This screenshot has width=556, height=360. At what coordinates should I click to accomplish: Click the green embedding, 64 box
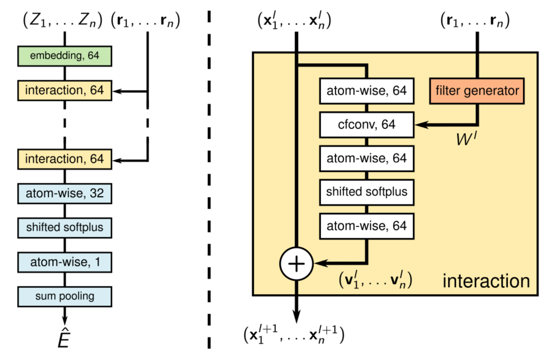[x=64, y=56]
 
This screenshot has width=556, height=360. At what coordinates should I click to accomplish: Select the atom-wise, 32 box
[x=64, y=193]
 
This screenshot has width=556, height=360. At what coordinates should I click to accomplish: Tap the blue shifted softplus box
[x=64, y=227]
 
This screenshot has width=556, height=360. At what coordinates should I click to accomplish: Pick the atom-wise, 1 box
[x=64, y=261]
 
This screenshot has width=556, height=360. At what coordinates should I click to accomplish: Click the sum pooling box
[x=64, y=296]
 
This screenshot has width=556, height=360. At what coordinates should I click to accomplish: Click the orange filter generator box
[x=477, y=91]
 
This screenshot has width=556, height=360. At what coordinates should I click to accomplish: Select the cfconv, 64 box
[x=366, y=125]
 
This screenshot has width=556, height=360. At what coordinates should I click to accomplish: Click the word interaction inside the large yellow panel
[x=486, y=281]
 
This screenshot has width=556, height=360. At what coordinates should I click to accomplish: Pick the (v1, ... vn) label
[x=375, y=279]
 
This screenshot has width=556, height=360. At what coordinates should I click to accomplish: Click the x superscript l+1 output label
[x=293, y=334]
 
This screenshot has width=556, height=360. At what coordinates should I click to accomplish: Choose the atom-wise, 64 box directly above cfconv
[x=366, y=91]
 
